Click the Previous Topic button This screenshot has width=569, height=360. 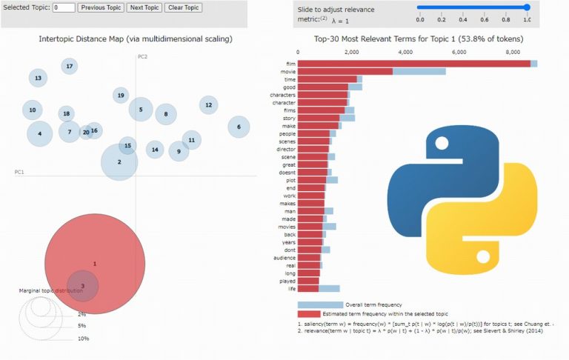(x=100, y=7)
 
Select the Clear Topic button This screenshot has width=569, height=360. (x=183, y=7)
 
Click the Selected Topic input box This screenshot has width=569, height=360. (x=64, y=7)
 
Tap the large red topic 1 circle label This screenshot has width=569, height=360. (x=94, y=264)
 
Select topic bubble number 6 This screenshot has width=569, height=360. (x=239, y=127)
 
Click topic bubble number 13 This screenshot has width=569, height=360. (x=38, y=78)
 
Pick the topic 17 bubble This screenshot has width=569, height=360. (x=70, y=67)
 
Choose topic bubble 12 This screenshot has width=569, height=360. (x=208, y=105)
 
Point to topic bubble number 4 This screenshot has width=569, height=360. (x=40, y=133)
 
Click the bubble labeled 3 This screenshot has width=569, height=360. (x=83, y=286)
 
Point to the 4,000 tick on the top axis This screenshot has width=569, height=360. (x=405, y=53)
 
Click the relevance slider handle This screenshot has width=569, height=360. (x=527, y=7)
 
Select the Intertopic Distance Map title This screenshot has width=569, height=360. (x=135, y=39)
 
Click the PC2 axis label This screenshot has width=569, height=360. (x=142, y=57)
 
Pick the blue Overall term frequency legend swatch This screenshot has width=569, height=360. (x=320, y=304)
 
